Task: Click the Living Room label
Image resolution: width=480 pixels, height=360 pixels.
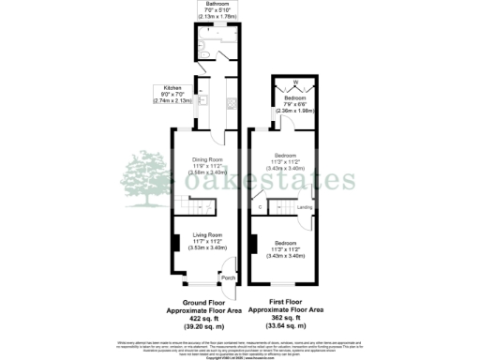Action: pos(207,234)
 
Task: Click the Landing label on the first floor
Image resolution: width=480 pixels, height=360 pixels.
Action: pos(305,207)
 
